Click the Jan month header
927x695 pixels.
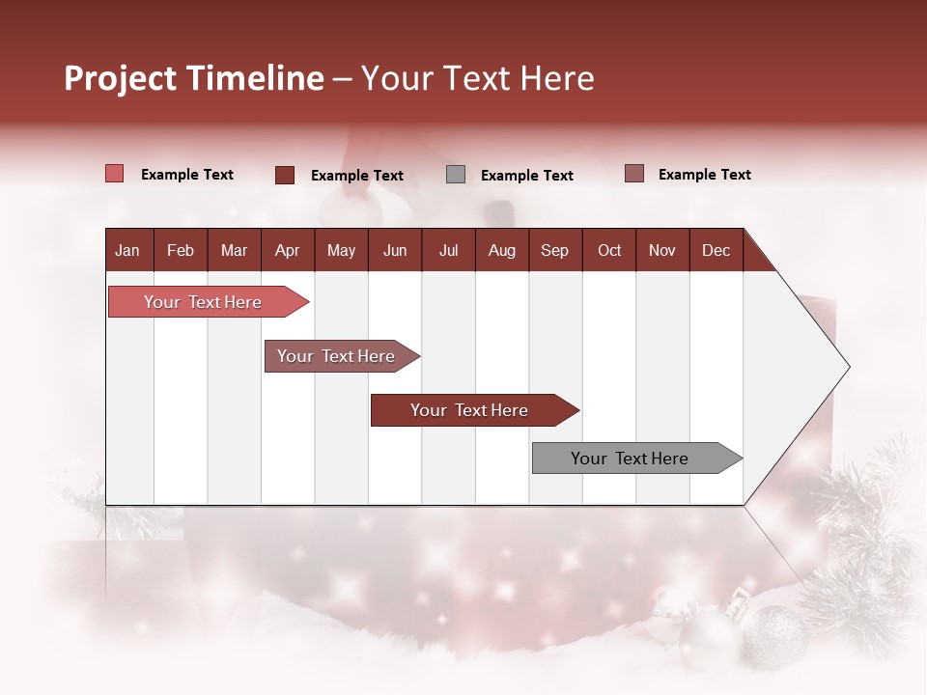coord(128,250)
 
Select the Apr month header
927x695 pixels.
coord(288,250)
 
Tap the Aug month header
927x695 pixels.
coord(501,250)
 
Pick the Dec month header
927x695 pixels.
coord(716,250)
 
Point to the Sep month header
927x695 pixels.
coord(554,250)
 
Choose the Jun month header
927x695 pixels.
coord(395,250)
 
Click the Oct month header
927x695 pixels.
coord(608,250)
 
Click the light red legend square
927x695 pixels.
coord(114,174)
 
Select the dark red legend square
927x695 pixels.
coord(284,175)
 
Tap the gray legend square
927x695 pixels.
coord(456,175)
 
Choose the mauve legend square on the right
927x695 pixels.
coord(633,174)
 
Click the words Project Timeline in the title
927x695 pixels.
coord(193,78)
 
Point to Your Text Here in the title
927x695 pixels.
coord(478,78)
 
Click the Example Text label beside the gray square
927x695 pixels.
coord(526,176)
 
